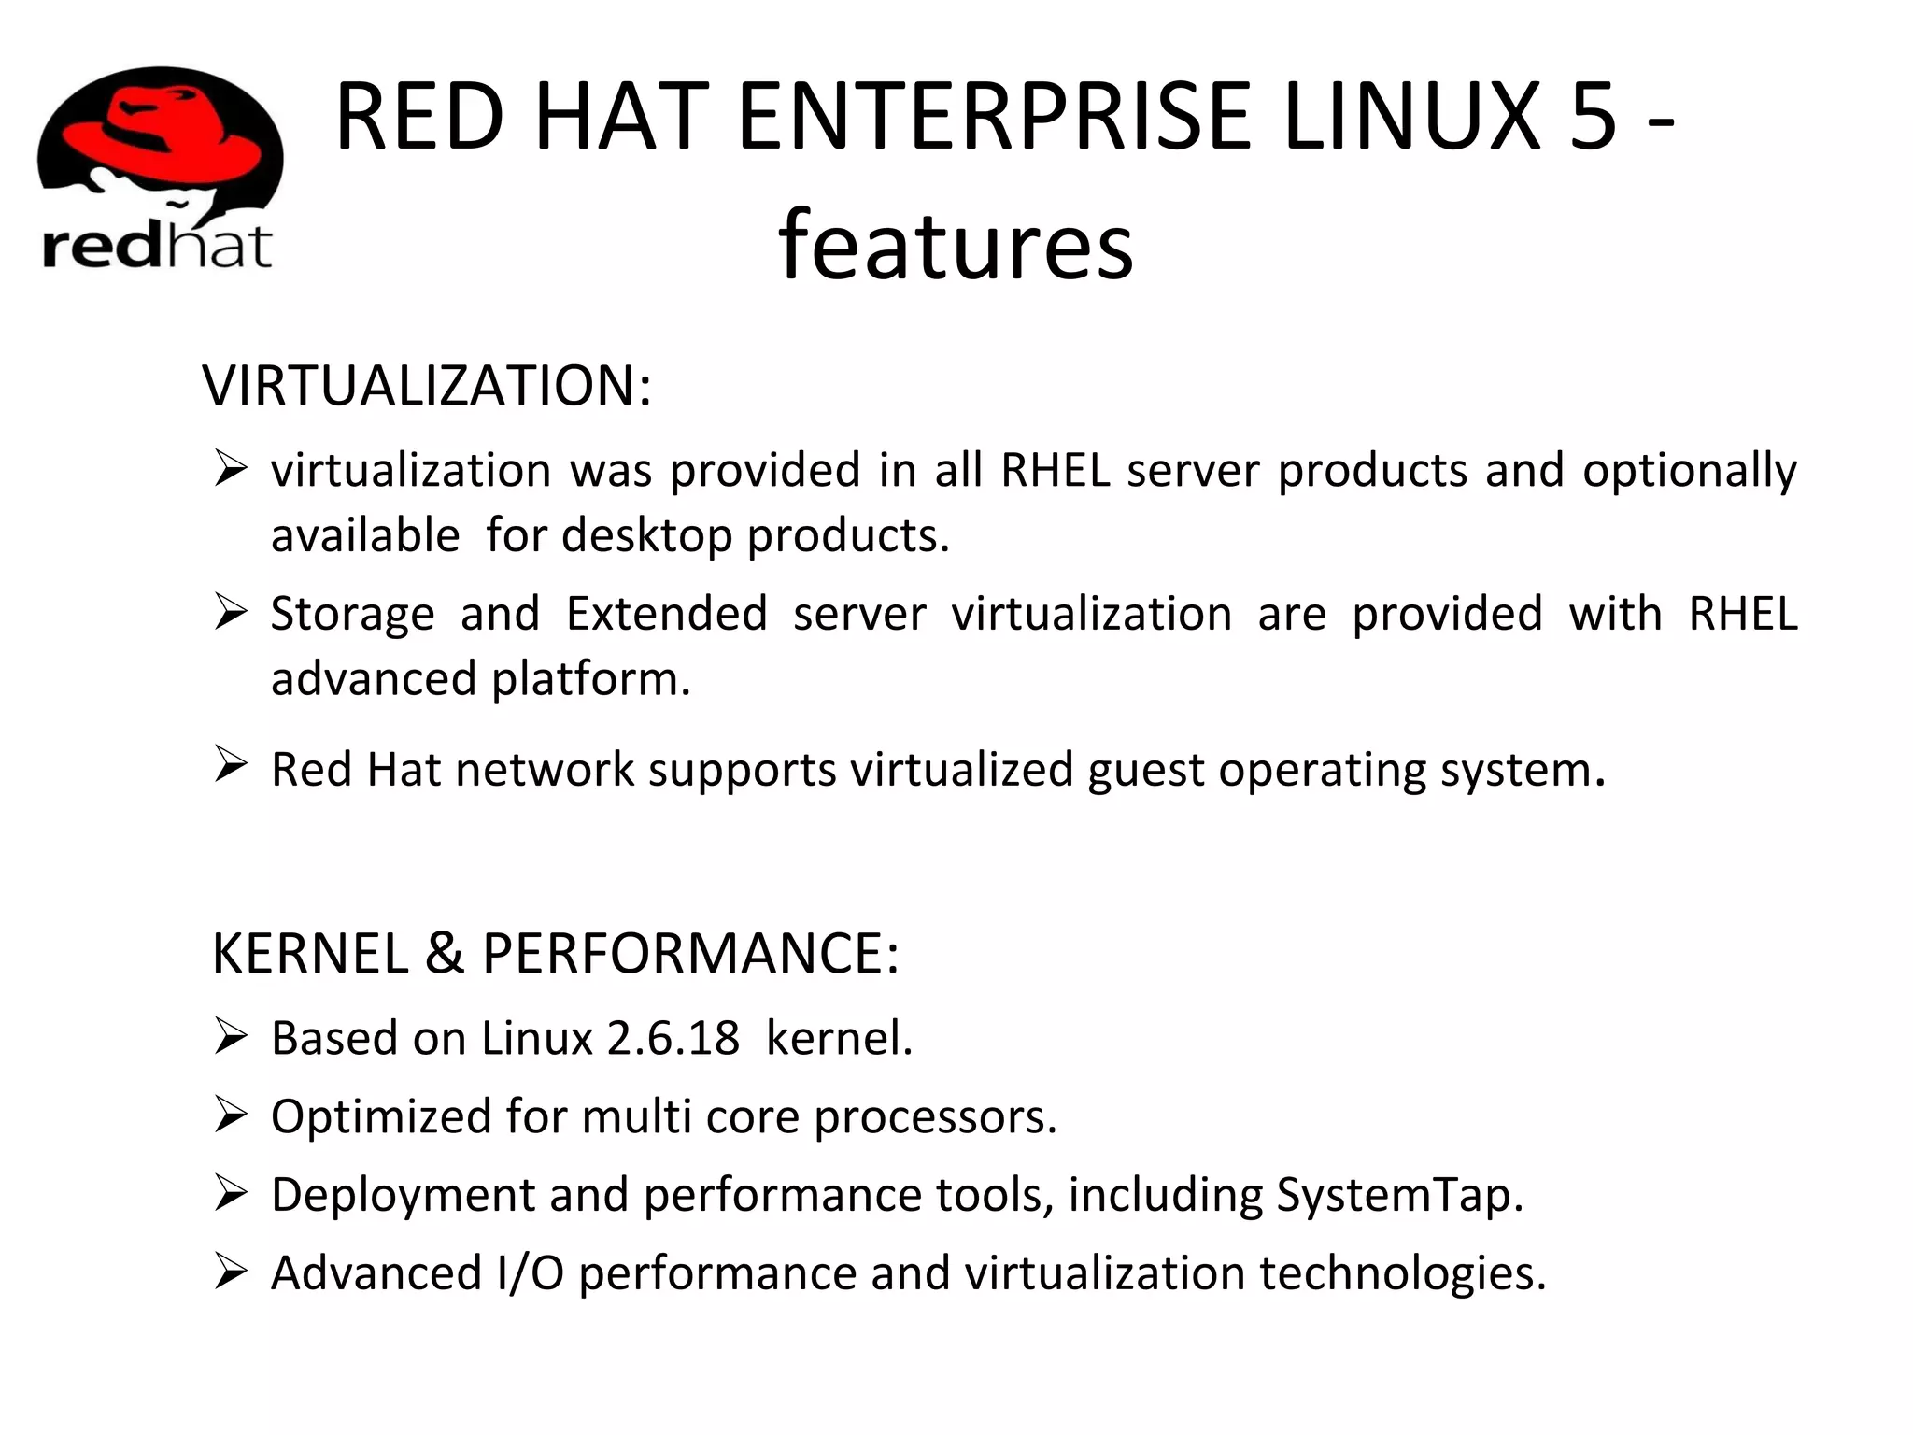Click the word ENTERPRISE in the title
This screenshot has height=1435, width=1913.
click(x=994, y=117)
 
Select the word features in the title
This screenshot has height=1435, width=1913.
click(x=956, y=245)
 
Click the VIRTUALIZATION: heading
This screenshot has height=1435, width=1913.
click(x=426, y=385)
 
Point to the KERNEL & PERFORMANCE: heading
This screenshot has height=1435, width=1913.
click(x=555, y=953)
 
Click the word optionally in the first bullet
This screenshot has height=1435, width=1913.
click(x=1689, y=471)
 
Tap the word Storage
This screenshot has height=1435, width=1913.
click(x=353, y=615)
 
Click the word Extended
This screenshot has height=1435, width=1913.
click(x=667, y=615)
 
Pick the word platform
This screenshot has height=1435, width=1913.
click(x=590, y=679)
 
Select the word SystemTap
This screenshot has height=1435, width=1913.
click(x=1398, y=1195)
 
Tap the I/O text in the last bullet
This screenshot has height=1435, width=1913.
click(x=530, y=1273)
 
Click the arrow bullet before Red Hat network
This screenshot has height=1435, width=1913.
click(x=230, y=763)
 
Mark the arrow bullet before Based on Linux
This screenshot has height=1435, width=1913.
click(x=230, y=1036)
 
